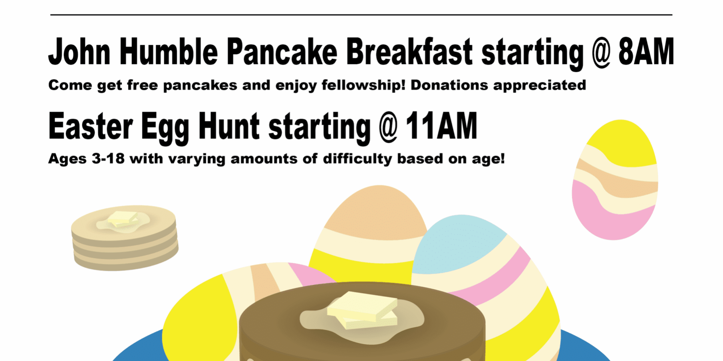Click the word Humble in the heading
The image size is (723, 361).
coord(169,52)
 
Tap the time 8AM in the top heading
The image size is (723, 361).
coord(646,52)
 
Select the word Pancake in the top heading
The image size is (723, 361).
coord(282,52)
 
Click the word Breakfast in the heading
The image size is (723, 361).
coord(409,52)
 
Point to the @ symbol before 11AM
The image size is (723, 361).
coord(388,127)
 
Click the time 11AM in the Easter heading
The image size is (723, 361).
coord(441,126)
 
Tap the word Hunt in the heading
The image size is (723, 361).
coord(229,126)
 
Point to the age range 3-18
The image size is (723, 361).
coord(108,159)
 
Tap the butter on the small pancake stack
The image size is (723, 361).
coord(123,218)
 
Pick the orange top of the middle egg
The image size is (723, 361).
coord(377,211)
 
